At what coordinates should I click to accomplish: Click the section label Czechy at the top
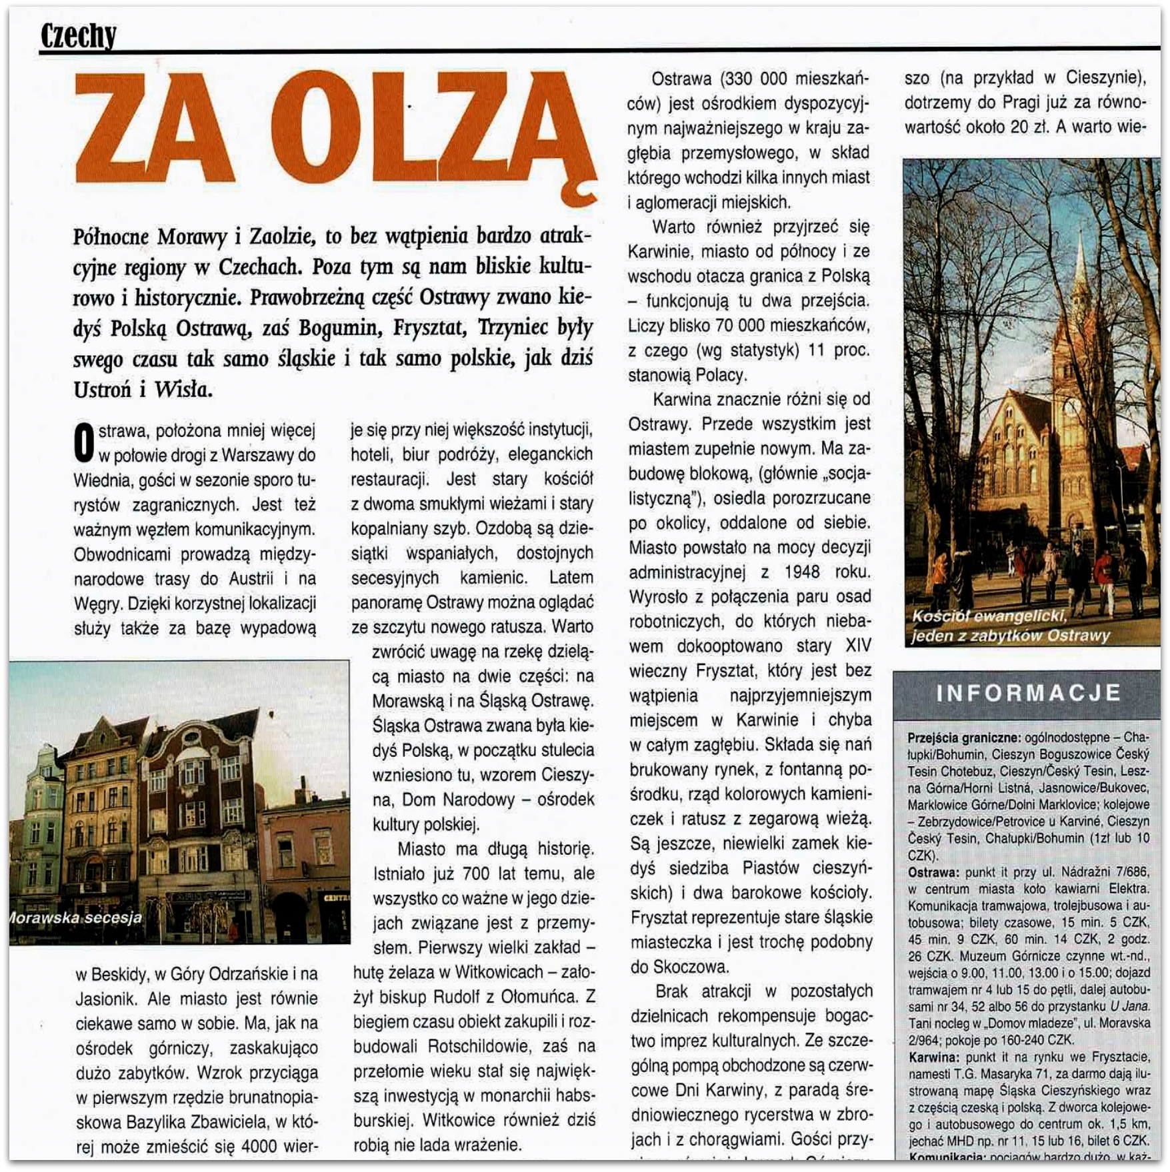pos(78,35)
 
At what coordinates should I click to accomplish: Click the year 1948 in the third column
pos(801,572)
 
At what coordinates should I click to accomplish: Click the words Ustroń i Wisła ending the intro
pos(143,389)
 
